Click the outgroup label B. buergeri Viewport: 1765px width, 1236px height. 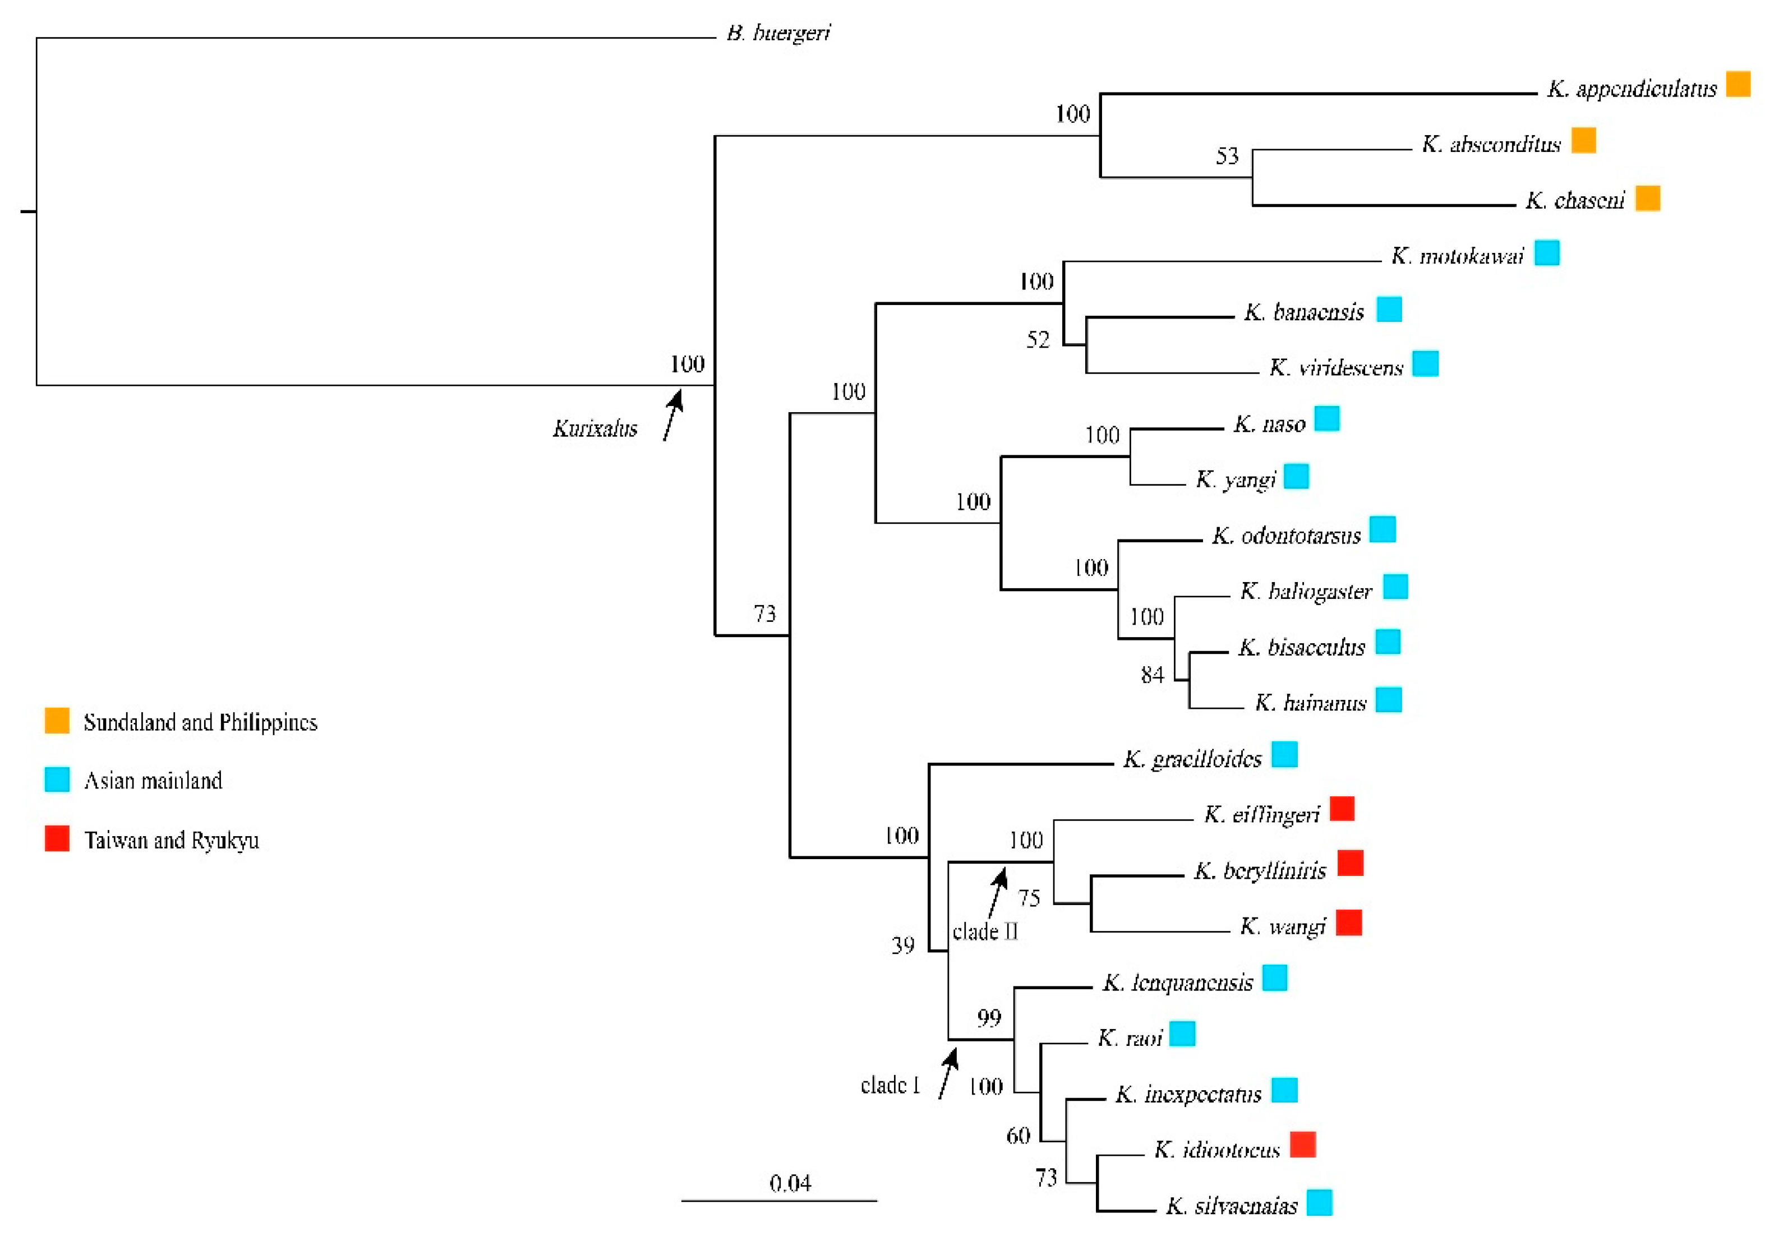tap(778, 34)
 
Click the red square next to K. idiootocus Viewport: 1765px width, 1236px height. tap(1302, 1145)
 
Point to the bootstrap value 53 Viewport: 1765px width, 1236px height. tap(1227, 156)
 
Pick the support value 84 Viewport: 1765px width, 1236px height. tap(1153, 675)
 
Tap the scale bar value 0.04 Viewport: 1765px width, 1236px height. tap(790, 1183)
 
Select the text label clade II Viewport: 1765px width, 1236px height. tap(985, 931)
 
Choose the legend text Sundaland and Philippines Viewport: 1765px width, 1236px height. tap(200, 722)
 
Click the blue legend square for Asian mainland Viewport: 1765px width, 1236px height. tap(57, 780)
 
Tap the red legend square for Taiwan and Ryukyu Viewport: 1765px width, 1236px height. tap(57, 838)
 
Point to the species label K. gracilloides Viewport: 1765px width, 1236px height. tap(1192, 759)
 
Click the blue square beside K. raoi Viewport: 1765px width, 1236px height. tap(1182, 1034)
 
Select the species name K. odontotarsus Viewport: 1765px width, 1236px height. tap(1286, 536)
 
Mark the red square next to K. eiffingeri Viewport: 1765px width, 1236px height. tap(1342, 809)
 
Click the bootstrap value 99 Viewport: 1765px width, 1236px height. tap(989, 1018)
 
